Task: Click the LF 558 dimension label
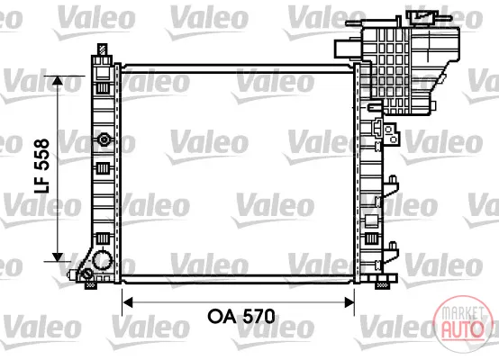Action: click(x=42, y=166)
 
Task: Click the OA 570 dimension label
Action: click(x=241, y=316)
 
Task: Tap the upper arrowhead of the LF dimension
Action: click(x=58, y=80)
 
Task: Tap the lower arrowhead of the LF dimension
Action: click(x=58, y=257)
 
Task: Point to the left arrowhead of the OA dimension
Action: click(x=128, y=302)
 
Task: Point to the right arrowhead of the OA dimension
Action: click(x=349, y=302)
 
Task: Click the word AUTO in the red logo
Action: click(x=462, y=329)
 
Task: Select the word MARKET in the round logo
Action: click(x=462, y=313)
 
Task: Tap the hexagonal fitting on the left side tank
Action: click(x=104, y=139)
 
